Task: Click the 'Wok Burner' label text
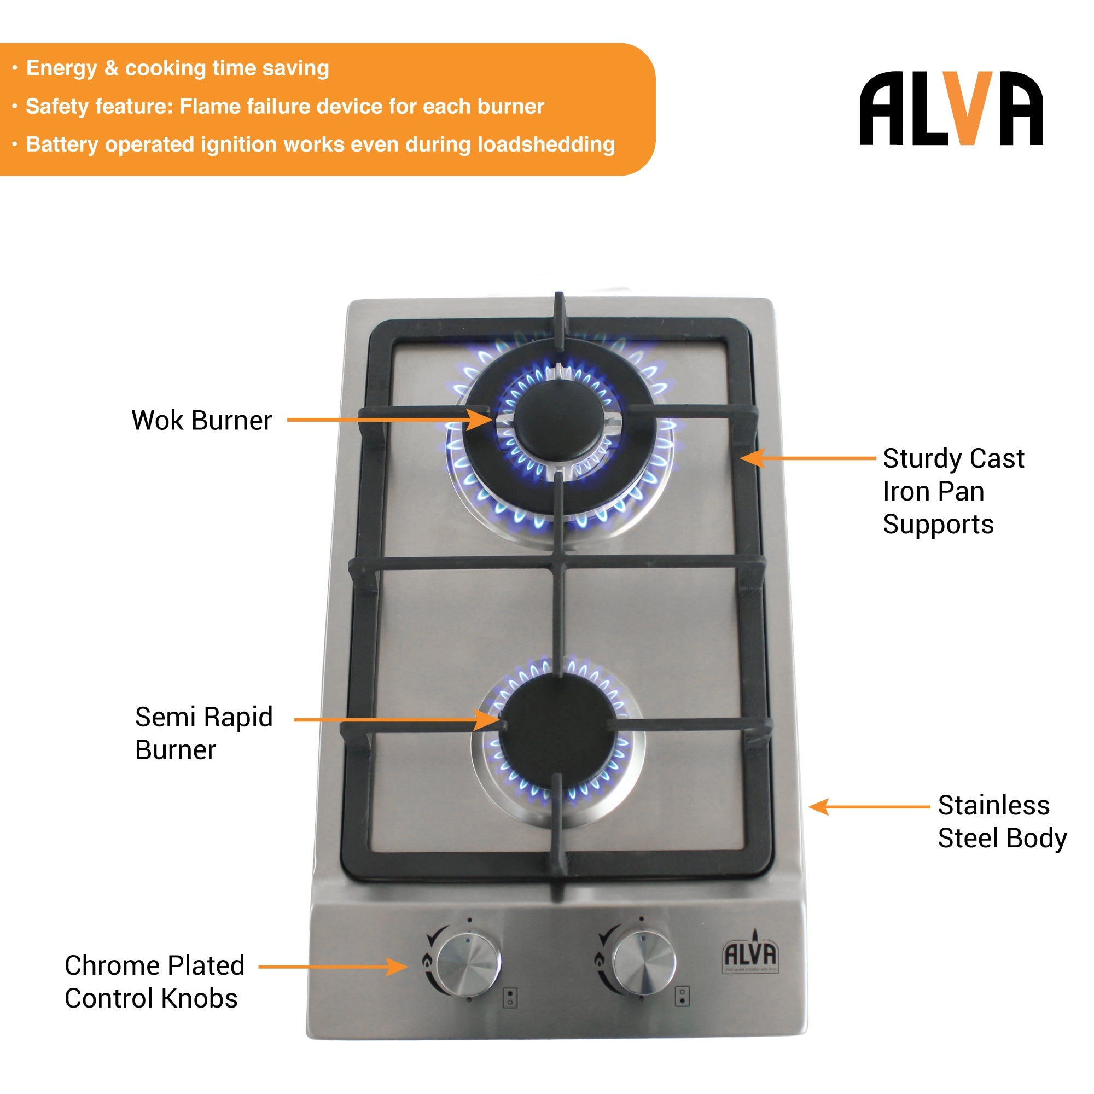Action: (202, 421)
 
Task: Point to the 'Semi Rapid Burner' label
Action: (203, 734)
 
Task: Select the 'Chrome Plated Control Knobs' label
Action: (154, 981)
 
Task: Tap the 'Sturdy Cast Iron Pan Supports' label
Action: (953, 491)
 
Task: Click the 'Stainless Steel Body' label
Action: (1002, 821)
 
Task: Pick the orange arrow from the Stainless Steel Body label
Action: (869, 806)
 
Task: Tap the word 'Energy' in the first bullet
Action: (62, 68)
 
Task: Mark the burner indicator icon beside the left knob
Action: (510, 997)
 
